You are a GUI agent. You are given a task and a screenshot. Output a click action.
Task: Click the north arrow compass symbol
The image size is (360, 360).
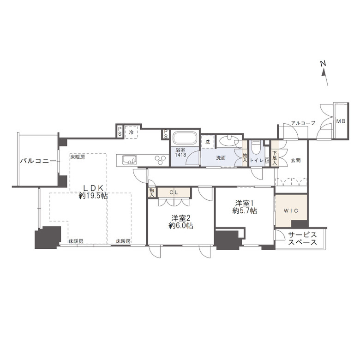tap(324, 73)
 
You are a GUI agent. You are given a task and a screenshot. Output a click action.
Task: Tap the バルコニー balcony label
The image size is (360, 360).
tap(38, 161)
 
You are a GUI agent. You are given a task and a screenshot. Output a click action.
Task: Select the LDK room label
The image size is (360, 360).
tap(93, 188)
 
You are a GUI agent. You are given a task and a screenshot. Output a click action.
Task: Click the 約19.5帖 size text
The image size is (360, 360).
tap(93, 196)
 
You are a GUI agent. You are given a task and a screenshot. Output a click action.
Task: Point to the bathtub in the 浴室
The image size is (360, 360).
tap(185, 138)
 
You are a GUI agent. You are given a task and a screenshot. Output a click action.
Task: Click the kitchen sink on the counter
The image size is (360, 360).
tap(130, 160)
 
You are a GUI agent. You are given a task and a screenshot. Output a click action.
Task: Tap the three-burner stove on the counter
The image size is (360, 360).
tap(160, 160)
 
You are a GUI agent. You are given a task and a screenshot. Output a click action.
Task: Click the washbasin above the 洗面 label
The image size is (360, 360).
tap(228, 140)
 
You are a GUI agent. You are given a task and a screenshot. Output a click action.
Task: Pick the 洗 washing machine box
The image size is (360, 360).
tap(208, 142)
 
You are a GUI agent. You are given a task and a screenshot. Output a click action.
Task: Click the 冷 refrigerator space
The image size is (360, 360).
tap(132, 132)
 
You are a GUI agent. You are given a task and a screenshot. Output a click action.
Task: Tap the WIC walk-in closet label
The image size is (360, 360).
tap(291, 210)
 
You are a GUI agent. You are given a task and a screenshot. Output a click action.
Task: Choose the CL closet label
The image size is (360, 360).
tap(174, 192)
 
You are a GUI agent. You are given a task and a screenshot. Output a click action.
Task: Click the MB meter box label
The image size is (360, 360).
tap(341, 121)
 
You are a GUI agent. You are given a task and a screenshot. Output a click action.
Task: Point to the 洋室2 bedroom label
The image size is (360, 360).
tap(180, 218)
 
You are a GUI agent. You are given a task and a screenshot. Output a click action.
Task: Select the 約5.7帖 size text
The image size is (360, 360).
tap(245, 210)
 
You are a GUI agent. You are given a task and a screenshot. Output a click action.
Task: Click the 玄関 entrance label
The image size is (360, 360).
tap(296, 160)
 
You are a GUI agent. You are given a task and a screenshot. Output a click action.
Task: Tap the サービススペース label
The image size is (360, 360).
tap(302, 238)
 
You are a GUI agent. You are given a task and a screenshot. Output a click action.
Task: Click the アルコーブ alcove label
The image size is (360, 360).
tap(303, 123)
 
